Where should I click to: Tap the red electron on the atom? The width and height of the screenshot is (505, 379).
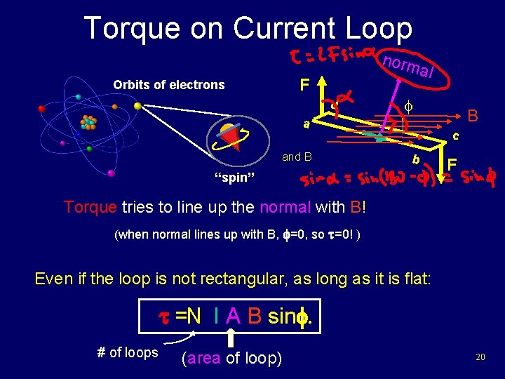[x=41, y=109]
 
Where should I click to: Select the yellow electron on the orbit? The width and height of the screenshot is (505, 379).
[x=137, y=106]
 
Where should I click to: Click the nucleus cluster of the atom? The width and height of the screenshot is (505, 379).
[x=88, y=123]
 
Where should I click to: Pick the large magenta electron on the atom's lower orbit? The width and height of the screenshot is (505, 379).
[x=112, y=173]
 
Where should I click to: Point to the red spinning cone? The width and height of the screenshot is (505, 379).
[x=232, y=138]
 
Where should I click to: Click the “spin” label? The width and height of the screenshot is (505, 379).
[x=231, y=177]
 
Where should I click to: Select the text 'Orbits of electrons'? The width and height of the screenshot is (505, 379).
[x=168, y=85]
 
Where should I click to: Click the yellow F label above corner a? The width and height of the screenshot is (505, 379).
[x=304, y=86]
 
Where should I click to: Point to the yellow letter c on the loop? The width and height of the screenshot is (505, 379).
[x=456, y=135]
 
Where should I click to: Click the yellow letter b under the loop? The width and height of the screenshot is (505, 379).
[x=417, y=159]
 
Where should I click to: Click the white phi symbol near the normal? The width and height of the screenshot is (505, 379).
[x=408, y=107]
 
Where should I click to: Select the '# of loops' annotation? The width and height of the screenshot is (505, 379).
[x=127, y=352]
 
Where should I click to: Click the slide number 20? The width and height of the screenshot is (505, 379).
[x=480, y=358]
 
